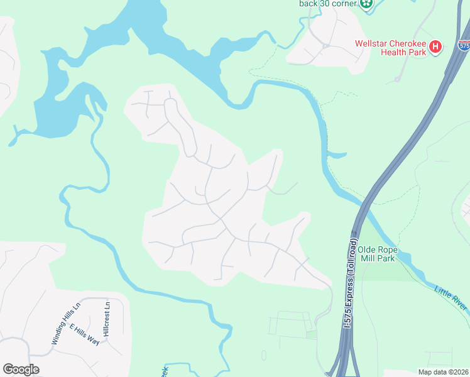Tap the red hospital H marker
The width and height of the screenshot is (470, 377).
coord(435,47)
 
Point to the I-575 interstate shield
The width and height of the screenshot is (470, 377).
coord(464,46)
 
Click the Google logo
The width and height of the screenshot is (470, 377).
coord(21,369)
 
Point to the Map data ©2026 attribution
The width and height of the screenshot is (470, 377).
coord(443,372)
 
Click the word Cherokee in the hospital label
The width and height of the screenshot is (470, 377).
coord(405,43)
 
